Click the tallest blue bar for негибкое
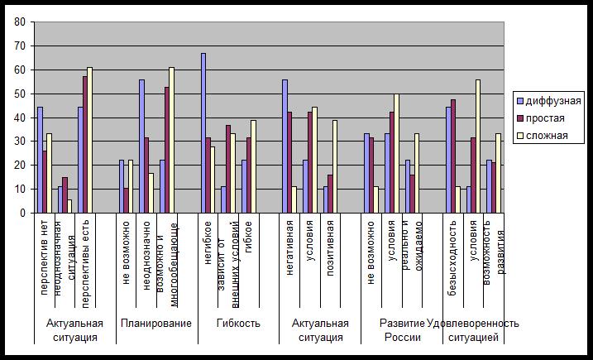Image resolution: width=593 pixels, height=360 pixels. click(203, 133)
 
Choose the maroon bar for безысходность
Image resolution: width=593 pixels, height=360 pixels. click(454, 156)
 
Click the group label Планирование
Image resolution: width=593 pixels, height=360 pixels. click(155, 323)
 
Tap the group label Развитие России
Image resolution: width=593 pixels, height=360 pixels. click(402, 329)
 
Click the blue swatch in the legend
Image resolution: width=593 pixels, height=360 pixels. click(519, 101)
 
